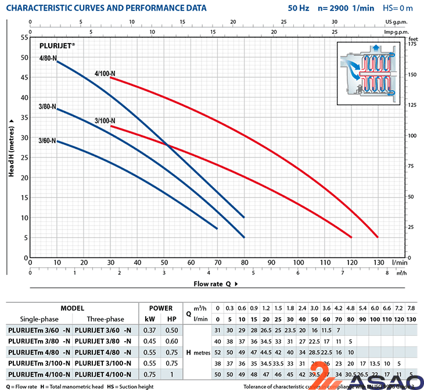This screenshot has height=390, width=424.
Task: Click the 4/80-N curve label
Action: (x=47, y=58)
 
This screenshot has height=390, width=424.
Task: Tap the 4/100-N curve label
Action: (x=105, y=74)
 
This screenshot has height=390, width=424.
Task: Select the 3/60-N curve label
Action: (x=47, y=141)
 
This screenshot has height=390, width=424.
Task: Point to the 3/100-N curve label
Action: (x=105, y=121)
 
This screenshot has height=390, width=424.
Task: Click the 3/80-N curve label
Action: (x=47, y=107)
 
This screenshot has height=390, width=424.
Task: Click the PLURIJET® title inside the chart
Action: (x=58, y=45)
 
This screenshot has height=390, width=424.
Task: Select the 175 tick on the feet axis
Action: (x=413, y=44)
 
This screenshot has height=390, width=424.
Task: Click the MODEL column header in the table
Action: (x=72, y=308)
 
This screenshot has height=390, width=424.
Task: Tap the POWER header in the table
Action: (x=161, y=308)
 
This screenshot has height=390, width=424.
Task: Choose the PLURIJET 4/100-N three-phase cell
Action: (x=103, y=374)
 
